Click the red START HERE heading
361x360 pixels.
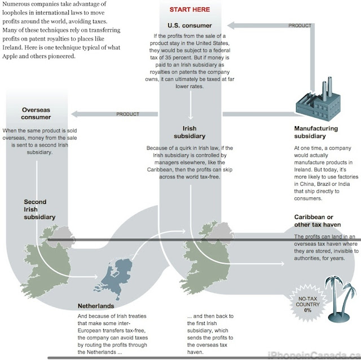click(x=190, y=10)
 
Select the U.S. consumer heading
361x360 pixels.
click(x=190, y=26)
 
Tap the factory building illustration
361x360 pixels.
click(x=315, y=96)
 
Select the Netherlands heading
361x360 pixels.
click(x=96, y=306)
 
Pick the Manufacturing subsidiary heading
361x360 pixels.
click(x=316, y=132)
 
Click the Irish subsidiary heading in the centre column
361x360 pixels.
click(x=190, y=132)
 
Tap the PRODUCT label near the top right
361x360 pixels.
click(x=300, y=26)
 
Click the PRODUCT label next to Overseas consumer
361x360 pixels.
click(x=127, y=114)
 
